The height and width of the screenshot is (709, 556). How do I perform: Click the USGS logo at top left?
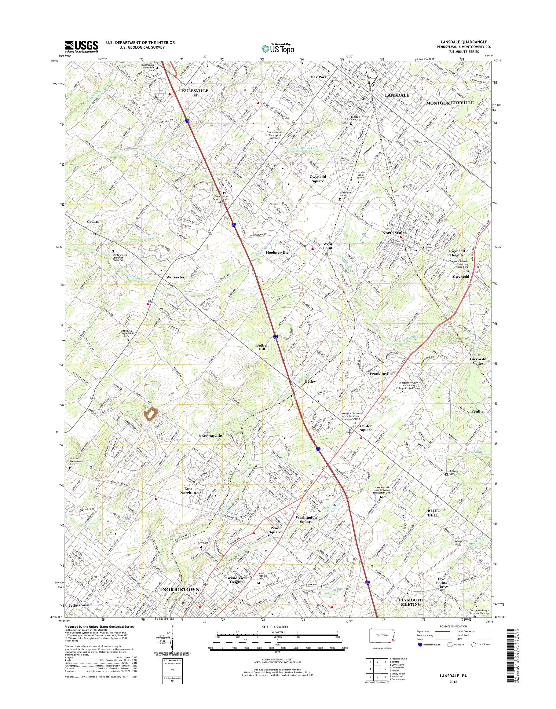[81, 46]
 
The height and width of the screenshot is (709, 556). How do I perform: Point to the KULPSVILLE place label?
[195, 90]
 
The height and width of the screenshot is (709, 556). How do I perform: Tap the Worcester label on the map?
[175, 277]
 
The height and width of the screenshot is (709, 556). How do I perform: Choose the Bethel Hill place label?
[262, 347]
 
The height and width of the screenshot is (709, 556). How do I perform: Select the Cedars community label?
[93, 222]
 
